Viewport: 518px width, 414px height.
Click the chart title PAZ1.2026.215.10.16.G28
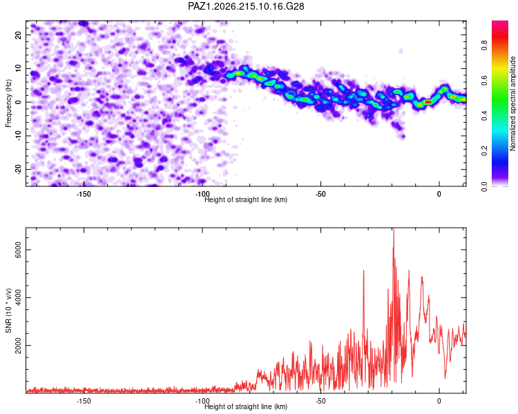coord(246,6)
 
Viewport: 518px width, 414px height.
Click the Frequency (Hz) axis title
coord(8,103)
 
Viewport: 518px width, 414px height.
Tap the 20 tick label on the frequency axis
coord(18,34)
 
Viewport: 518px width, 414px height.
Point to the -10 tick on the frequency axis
coord(18,135)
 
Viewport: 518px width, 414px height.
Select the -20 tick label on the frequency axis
coord(18,169)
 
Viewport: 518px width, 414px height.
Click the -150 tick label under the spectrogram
coord(84,194)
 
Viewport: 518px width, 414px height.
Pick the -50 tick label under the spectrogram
coord(320,194)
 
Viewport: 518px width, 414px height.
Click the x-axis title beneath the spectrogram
coord(246,199)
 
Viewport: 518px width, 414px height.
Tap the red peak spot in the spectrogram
coord(428,102)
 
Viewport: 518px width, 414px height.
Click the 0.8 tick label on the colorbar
coord(484,45)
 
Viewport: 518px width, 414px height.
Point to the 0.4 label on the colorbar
coord(484,115)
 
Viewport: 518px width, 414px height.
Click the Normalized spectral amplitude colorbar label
coord(512,103)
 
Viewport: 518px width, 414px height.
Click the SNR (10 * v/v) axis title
coord(8,310)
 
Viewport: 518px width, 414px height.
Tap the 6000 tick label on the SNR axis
coord(18,250)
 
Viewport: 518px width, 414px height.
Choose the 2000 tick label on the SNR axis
coord(18,345)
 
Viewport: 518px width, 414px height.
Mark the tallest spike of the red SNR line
coord(394,229)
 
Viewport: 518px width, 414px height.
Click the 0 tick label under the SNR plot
coord(439,401)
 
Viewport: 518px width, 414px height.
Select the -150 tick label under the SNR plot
coord(84,401)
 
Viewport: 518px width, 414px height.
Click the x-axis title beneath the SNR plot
coord(246,406)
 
